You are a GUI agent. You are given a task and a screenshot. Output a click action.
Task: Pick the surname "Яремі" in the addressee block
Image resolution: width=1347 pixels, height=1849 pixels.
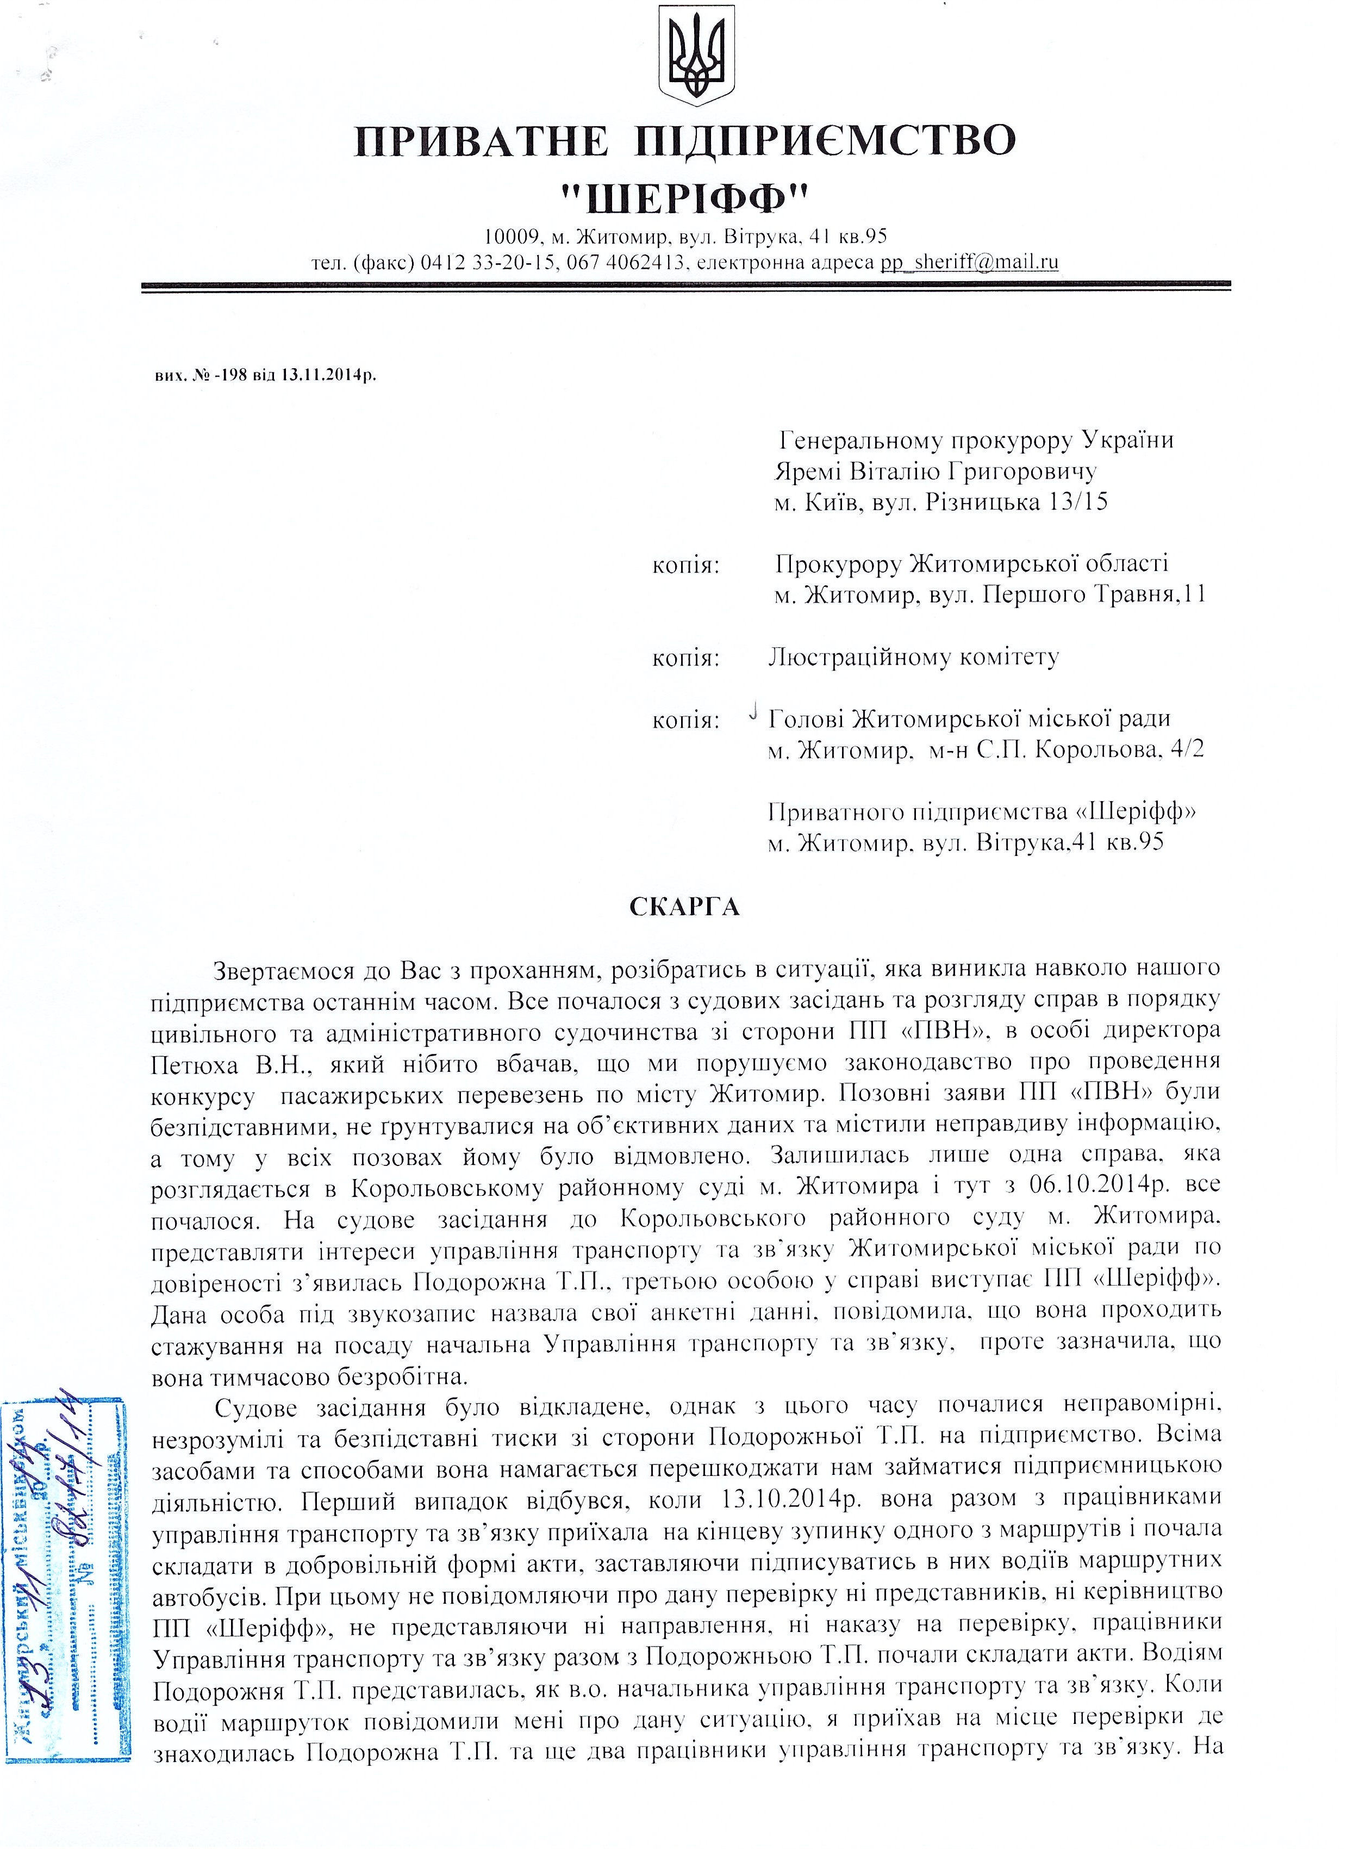tap(807, 471)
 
